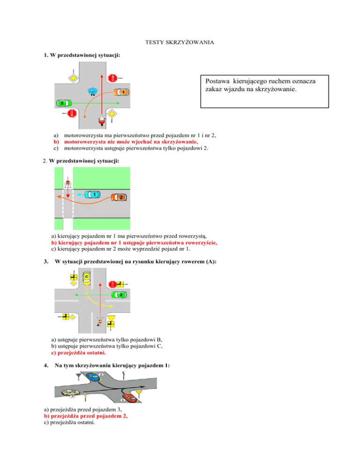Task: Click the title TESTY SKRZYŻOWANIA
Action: pyautogui.click(x=180, y=43)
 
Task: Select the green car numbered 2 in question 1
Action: pyautogui.click(x=62, y=103)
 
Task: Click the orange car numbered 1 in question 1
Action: pyautogui.click(x=121, y=92)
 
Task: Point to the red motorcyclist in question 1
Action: pyautogui.click(x=101, y=121)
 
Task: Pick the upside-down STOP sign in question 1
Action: pyautogui.click(x=72, y=113)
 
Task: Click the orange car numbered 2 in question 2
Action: pyautogui.click(x=119, y=197)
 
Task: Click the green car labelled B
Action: pyautogui.click(x=120, y=294)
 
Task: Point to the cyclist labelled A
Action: pyautogui.click(x=99, y=322)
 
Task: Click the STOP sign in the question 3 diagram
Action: pyautogui.click(x=112, y=284)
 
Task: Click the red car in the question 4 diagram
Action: pyautogui.click(x=129, y=398)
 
